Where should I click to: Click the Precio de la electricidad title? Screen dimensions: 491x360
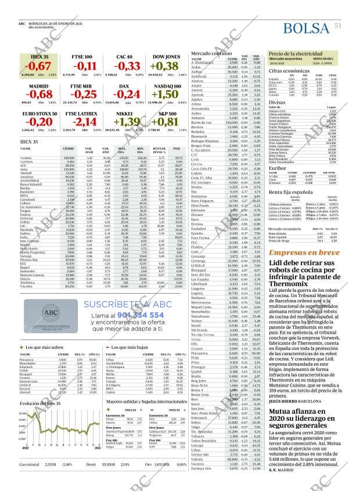tap(296, 54)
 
